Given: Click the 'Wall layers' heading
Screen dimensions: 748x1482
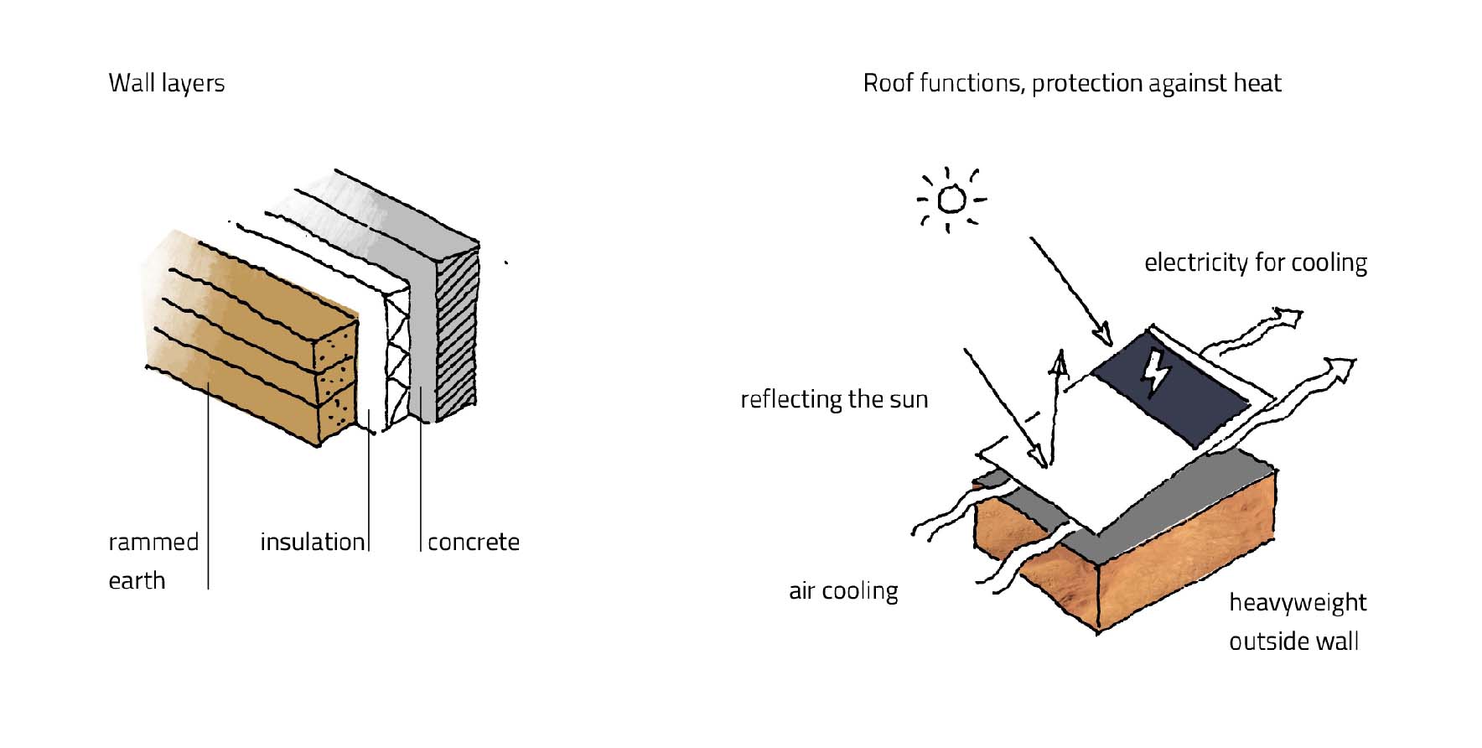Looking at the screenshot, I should pyautogui.click(x=166, y=83).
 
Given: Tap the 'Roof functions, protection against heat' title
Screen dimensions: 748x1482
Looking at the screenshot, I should pyautogui.click(x=1071, y=83).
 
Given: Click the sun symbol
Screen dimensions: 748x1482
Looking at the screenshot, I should pyautogui.click(x=951, y=200).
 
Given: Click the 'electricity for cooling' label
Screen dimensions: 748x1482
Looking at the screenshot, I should pyautogui.click(x=1255, y=262).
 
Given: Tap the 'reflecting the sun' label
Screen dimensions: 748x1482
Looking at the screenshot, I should pyautogui.click(x=834, y=399).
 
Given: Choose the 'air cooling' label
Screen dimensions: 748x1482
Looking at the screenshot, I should pyautogui.click(x=842, y=590).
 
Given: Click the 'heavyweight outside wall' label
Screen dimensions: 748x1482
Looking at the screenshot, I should pyautogui.click(x=1297, y=621).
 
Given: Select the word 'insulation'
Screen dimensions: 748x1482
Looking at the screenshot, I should pyautogui.click(x=312, y=542).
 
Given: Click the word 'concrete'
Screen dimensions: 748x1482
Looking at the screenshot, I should pyautogui.click(x=473, y=542).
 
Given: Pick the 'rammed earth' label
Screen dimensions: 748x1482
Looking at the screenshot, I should pyautogui.click(x=153, y=561).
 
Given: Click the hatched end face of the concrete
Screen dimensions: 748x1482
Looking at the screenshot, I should pyautogui.click(x=457, y=335).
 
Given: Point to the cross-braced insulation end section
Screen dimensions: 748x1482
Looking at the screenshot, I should pyautogui.click(x=396, y=361).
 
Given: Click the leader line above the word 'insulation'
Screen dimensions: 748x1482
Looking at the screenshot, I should pyautogui.click(x=369, y=478).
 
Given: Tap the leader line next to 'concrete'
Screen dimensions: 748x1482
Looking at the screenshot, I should pyautogui.click(x=421, y=486).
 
